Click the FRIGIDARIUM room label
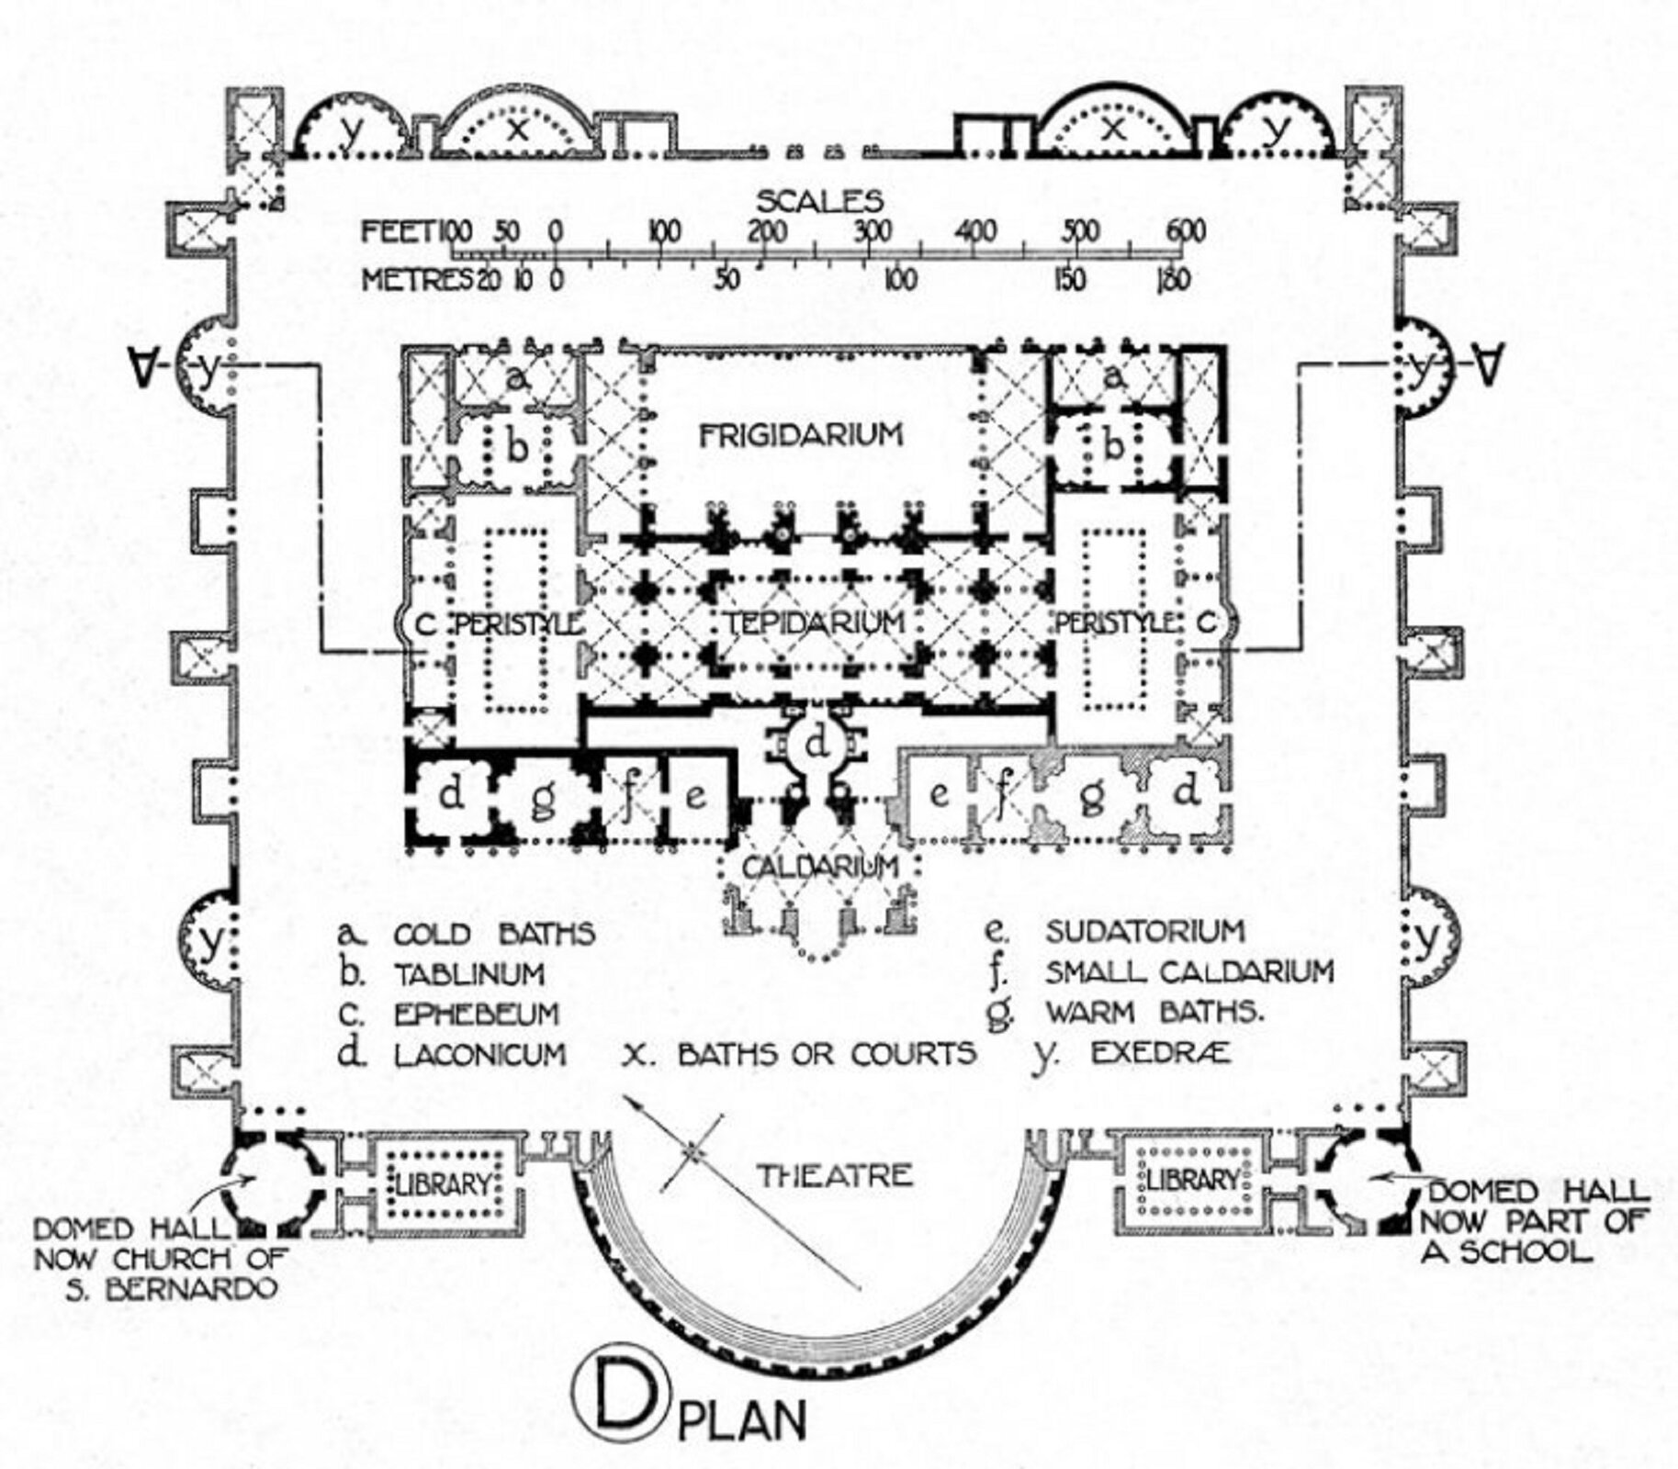(801, 434)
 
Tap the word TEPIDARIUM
(815, 623)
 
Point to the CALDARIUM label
(819, 867)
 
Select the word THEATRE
(834, 1175)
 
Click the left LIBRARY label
(443, 1184)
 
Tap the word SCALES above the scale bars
(819, 200)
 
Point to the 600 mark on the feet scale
(1185, 231)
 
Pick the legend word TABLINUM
(469, 973)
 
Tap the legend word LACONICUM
(479, 1054)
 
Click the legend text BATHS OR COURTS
(826, 1054)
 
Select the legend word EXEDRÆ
(1160, 1054)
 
